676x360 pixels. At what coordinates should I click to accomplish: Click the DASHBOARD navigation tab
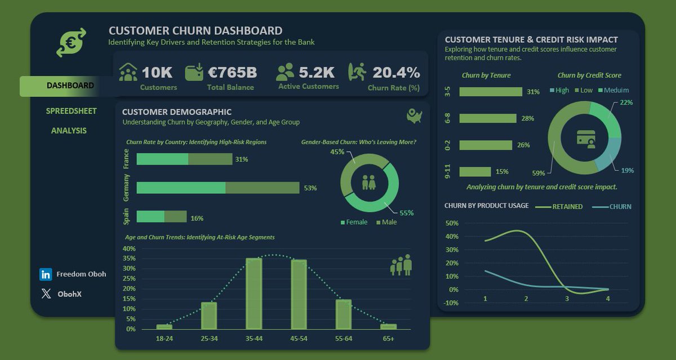pos(70,86)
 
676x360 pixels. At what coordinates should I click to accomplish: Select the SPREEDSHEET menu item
pos(71,111)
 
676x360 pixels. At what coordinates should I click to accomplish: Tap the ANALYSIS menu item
pos(69,131)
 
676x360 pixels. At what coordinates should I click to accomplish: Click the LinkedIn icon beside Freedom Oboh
pos(46,274)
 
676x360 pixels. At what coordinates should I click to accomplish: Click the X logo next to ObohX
pos(46,294)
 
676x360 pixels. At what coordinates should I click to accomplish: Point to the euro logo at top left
pos(71,43)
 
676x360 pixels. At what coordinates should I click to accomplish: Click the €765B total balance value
pos(232,73)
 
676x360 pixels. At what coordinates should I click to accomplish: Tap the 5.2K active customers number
pos(317,72)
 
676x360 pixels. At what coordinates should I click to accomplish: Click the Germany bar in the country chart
pos(217,188)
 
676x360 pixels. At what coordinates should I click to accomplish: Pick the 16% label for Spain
pos(197,218)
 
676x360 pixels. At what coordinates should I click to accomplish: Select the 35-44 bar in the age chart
pos(254,293)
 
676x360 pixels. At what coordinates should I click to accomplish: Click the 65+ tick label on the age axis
pos(388,338)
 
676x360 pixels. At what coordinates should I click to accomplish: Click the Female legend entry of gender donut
pos(353,222)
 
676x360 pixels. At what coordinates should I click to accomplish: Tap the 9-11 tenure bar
pos(475,172)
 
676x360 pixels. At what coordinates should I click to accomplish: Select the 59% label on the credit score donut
pos(538,173)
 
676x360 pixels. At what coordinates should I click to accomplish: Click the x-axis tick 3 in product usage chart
pos(567,298)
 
